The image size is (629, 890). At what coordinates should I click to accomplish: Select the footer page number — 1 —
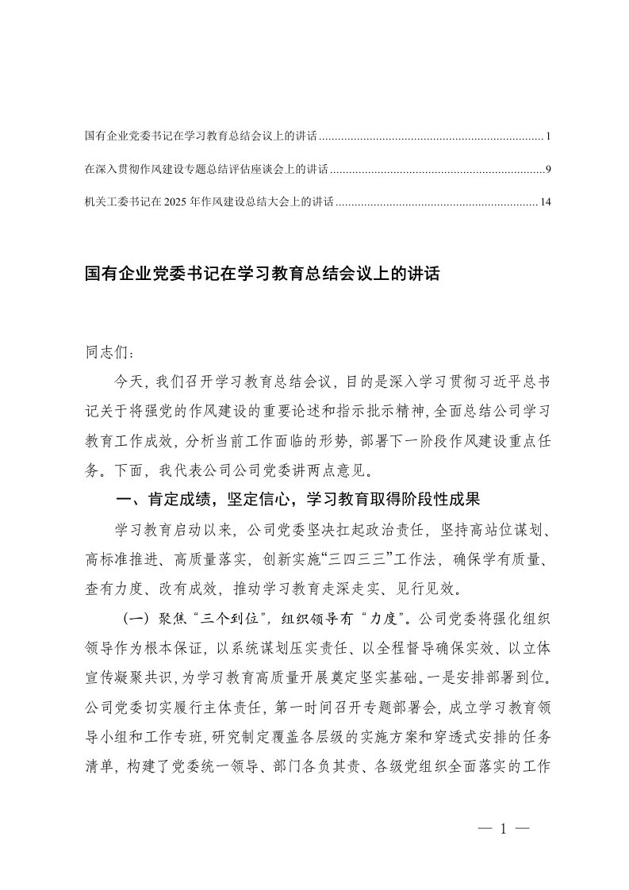coord(503,830)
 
